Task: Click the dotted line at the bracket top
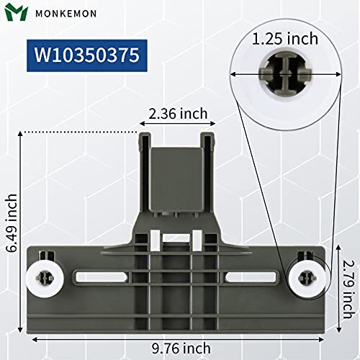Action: (79, 132)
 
